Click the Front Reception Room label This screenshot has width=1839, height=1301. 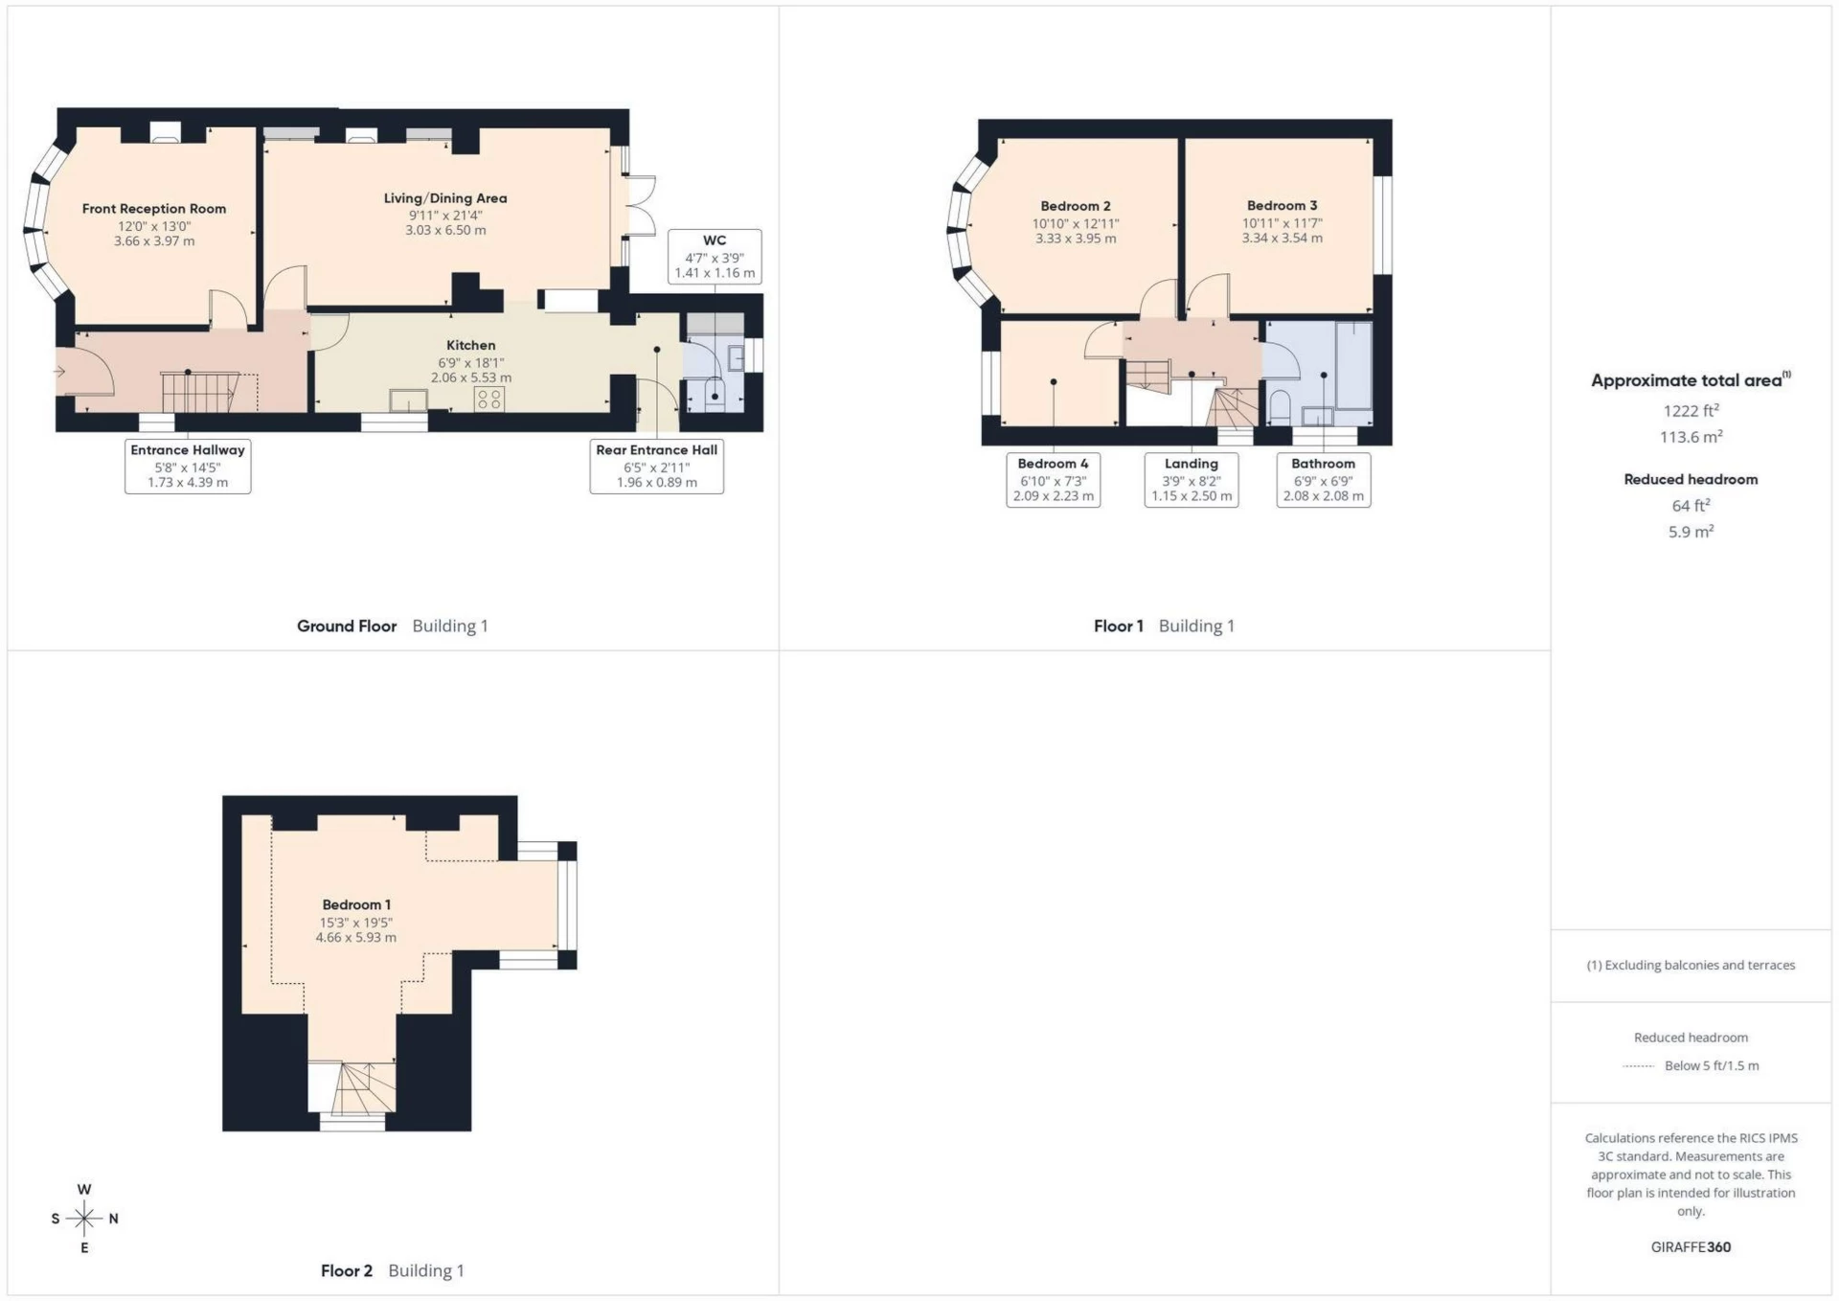click(154, 209)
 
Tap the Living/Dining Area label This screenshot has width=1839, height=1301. click(445, 198)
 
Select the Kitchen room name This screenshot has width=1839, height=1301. click(470, 345)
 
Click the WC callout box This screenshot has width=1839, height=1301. click(715, 257)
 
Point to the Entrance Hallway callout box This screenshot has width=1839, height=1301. click(188, 466)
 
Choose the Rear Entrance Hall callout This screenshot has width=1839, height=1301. click(656, 466)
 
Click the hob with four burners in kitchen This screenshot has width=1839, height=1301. click(488, 399)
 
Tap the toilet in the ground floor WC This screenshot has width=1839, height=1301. click(715, 393)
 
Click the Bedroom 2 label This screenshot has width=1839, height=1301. click(1076, 206)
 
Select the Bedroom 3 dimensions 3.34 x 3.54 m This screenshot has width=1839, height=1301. click(1282, 238)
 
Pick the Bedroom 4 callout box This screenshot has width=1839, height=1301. click(1053, 479)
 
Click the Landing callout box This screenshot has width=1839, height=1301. click(1191, 479)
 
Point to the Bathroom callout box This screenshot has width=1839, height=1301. click(1323, 479)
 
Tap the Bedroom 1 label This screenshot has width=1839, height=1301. click(356, 904)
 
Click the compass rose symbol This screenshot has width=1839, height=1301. click(84, 1219)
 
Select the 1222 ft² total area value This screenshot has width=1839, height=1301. click(1691, 411)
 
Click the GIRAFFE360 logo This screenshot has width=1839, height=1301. click(1691, 1246)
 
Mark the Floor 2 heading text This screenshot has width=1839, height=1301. click(347, 1270)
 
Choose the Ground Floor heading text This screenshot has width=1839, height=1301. click(347, 626)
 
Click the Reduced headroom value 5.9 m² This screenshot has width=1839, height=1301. click(1691, 532)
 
